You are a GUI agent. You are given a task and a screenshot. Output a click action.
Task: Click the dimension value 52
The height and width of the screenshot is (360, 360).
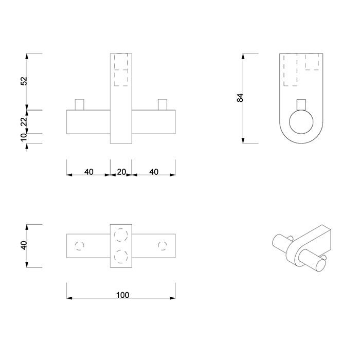pos(24,81)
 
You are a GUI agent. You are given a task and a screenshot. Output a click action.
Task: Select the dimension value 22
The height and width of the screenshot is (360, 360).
pos(24,121)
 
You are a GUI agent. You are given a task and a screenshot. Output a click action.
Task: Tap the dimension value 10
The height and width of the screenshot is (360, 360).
pos(24,137)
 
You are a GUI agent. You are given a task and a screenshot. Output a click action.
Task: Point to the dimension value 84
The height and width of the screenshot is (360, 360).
pos(240,98)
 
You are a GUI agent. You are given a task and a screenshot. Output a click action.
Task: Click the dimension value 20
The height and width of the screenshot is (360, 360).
pos(121,172)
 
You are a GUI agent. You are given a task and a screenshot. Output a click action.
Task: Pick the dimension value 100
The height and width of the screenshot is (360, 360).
pos(122,295)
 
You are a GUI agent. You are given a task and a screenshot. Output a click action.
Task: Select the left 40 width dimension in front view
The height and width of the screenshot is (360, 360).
pos(88,172)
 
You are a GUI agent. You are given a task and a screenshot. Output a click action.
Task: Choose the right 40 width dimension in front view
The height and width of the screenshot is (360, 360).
pos(154,172)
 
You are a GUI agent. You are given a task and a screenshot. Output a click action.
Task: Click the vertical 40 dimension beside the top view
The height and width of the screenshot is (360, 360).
pos(24,245)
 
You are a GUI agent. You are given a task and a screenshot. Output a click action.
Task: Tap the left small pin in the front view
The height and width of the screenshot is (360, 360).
pos(80,105)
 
